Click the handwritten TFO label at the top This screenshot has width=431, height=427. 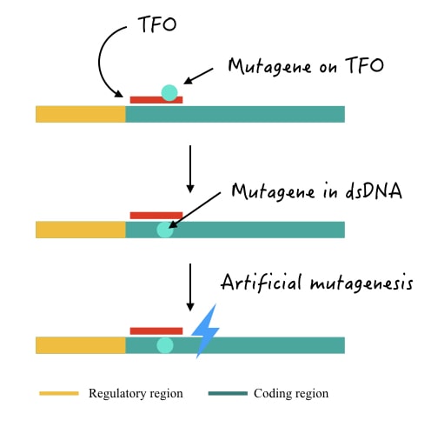[x=157, y=24]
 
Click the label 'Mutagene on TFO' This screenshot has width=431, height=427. [x=306, y=67]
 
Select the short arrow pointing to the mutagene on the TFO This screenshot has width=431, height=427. [x=198, y=77]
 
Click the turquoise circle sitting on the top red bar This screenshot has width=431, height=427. [x=169, y=93]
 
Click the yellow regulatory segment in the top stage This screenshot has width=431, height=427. [x=81, y=114]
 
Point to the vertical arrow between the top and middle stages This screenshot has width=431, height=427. [x=190, y=169]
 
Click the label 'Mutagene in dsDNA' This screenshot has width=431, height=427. [x=317, y=191]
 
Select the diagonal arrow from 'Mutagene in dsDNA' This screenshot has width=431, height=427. [x=195, y=210]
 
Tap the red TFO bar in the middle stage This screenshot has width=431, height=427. [x=156, y=216]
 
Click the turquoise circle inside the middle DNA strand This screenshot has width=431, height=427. [x=165, y=230]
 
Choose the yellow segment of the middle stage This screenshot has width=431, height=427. [x=81, y=230]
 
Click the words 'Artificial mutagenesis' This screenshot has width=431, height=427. [x=317, y=283]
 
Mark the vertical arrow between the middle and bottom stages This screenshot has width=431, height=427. [x=190, y=287]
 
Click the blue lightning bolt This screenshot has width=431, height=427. [x=205, y=331]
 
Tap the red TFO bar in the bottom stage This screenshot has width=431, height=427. [x=156, y=330]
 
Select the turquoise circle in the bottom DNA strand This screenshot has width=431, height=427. [x=165, y=345]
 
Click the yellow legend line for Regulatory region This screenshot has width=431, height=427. [x=59, y=393]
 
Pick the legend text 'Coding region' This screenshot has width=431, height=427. [x=291, y=394]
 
